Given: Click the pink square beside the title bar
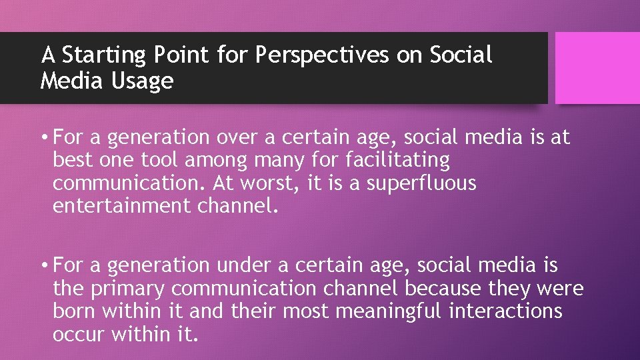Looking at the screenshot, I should click(x=597, y=68).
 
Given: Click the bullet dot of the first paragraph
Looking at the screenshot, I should click(x=43, y=138).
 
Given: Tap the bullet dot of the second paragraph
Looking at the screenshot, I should click(x=43, y=266).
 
